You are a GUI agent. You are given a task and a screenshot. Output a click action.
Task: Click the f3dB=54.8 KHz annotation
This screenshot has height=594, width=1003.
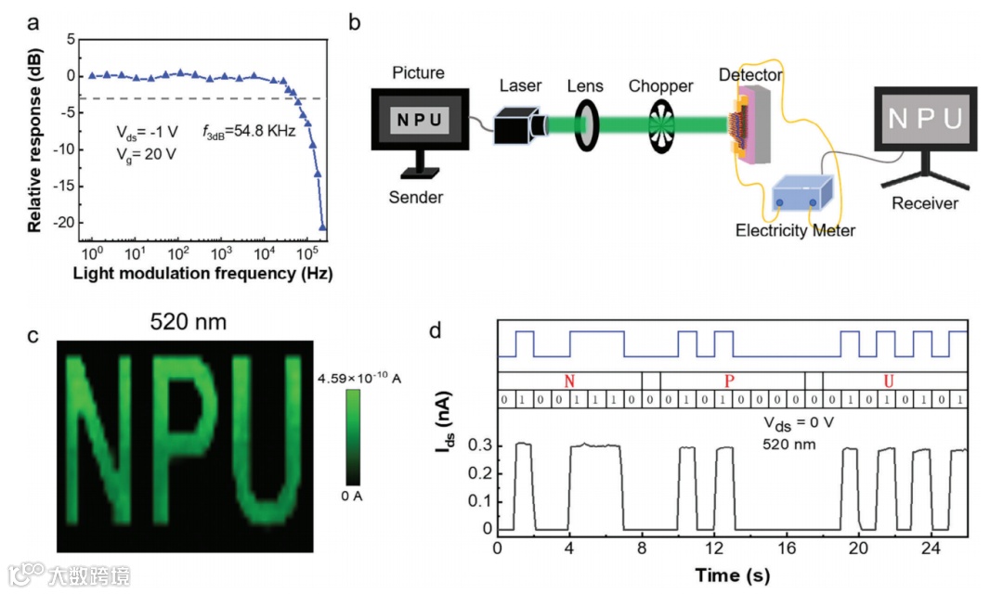[248, 132]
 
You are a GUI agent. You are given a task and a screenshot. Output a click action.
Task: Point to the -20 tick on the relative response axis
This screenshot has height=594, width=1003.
[62, 223]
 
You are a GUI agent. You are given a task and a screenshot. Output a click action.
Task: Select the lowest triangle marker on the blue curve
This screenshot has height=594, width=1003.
[323, 226]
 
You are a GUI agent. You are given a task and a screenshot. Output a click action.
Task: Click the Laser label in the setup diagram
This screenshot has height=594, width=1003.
[520, 86]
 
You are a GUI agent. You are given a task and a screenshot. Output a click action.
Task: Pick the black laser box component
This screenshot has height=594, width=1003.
[516, 125]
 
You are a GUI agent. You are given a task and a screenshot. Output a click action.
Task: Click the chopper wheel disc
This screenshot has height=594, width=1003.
[661, 124]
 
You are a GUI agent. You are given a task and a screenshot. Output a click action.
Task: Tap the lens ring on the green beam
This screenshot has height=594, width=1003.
[585, 124]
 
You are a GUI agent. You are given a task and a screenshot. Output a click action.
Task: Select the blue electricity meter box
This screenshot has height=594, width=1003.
[803, 193]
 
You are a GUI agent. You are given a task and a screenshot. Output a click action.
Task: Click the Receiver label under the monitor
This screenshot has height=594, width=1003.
[924, 202]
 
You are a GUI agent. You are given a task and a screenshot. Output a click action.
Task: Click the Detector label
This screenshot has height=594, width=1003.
[750, 73]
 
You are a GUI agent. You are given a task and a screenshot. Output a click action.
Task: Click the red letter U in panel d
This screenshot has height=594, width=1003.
[889, 381]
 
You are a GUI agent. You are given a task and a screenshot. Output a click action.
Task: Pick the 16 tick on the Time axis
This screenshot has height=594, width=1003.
[787, 548]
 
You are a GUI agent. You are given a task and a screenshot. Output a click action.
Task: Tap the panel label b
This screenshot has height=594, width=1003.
[354, 20]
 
